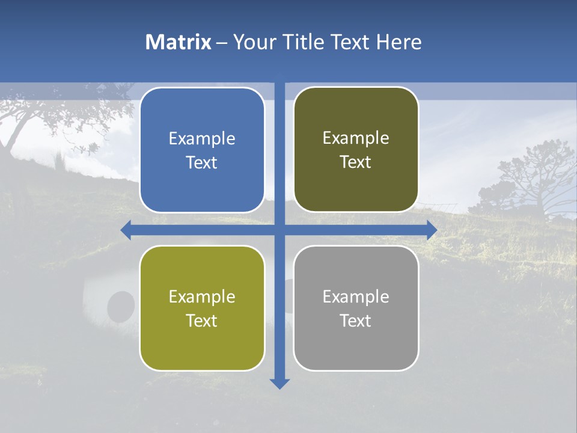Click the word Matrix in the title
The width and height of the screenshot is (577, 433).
179,42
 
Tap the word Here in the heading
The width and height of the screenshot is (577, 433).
398,42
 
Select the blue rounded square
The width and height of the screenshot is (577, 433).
202,150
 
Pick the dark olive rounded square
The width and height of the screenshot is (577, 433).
356,150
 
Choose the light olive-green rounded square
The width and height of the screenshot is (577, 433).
202,308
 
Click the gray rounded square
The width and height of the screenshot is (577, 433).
356,308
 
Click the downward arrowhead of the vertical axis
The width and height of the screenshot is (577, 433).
279,383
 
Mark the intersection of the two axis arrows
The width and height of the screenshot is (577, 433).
279,230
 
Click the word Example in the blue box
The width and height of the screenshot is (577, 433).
202,138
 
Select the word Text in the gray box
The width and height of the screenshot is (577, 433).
356,321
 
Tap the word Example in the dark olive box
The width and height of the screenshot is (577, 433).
356,138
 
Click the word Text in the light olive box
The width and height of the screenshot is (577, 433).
202,321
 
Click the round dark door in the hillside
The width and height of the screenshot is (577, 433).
121,306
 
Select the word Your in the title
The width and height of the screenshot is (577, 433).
251,42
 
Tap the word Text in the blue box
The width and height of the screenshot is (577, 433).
202,162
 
